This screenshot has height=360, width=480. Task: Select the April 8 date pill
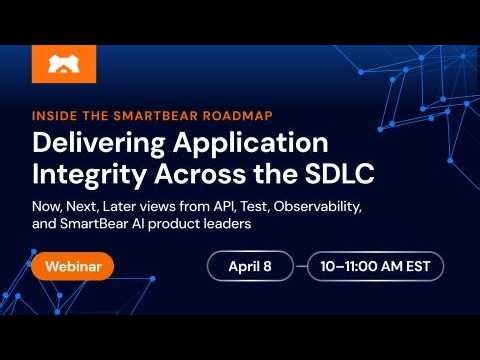point(249,267)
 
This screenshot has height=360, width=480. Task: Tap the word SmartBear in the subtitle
point(96,225)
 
